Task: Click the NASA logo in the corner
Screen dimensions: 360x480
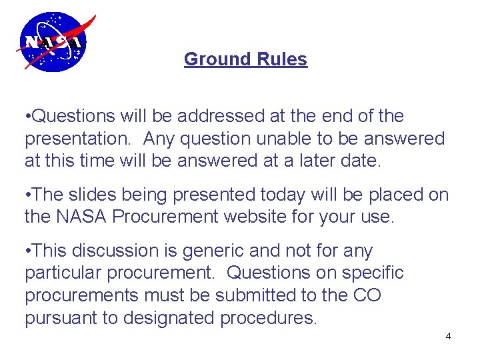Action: pos(53,41)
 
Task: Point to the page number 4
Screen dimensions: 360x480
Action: pos(448,336)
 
